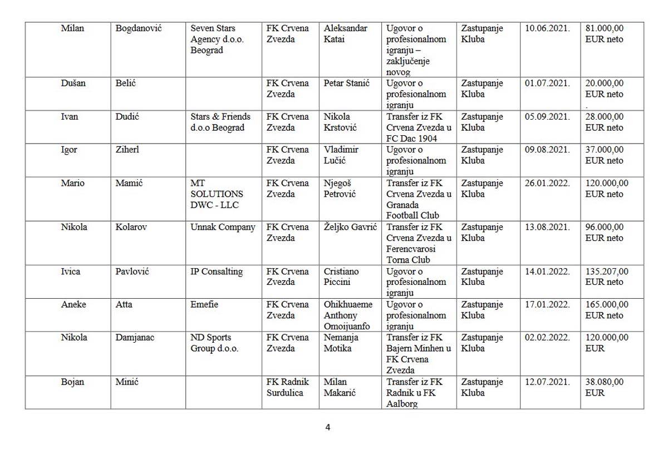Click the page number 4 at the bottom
click(328, 427)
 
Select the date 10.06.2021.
click(547, 28)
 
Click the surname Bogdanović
click(138, 28)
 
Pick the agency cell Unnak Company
click(223, 227)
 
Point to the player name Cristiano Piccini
click(341, 277)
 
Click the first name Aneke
click(73, 304)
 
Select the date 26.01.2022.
click(547, 183)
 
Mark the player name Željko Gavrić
click(350, 227)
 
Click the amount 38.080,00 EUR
click(605, 387)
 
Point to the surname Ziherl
click(127, 150)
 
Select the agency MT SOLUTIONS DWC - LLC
click(217, 194)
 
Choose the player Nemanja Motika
click(341, 343)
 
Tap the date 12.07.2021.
click(547, 382)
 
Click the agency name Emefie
click(204, 304)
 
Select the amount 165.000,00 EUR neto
click(607, 310)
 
